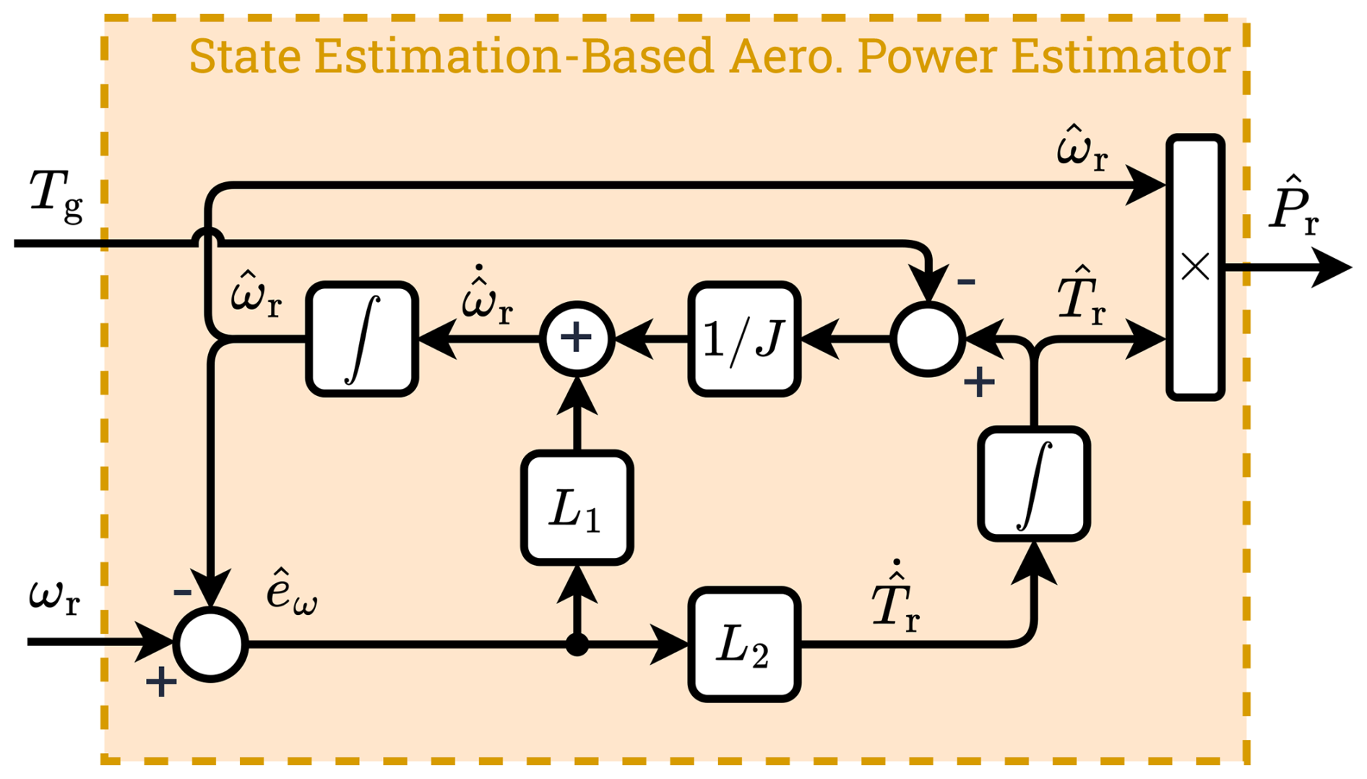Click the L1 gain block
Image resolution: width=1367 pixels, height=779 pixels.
point(577,507)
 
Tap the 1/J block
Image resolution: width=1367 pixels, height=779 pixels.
point(744,338)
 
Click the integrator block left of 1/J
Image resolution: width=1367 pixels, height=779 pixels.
point(362,338)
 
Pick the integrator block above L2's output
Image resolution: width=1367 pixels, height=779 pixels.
point(1034,483)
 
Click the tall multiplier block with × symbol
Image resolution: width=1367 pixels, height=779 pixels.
point(1195,267)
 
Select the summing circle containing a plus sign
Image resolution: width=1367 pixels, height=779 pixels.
point(577,338)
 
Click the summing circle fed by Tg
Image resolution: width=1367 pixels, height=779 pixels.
point(928,338)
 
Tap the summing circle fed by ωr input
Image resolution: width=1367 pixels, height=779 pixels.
point(210,644)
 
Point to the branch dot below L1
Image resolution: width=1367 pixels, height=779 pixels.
point(577,644)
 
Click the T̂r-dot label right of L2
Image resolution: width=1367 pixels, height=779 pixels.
point(895,600)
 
